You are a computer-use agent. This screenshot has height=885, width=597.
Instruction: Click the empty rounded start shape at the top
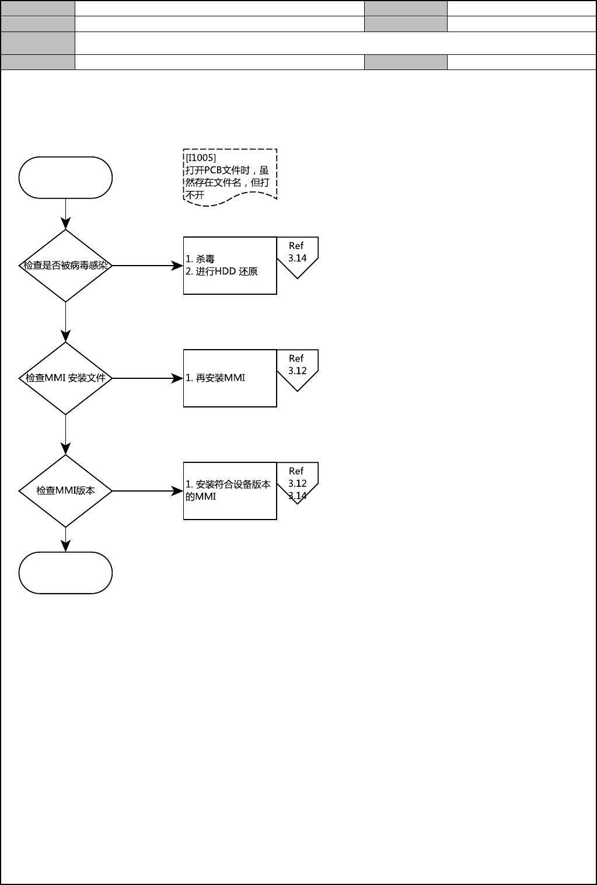tap(65, 177)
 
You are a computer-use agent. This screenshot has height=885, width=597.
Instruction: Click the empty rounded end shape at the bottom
tap(65, 573)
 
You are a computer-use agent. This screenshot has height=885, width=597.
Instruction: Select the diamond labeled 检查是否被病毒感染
tap(65, 266)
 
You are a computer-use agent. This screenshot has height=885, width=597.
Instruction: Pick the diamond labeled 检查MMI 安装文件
tap(65, 378)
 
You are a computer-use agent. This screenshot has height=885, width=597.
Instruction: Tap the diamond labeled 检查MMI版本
tap(65, 491)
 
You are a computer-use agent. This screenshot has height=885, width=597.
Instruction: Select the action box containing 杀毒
tap(230, 266)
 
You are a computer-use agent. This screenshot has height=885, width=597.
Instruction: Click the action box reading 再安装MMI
tap(230, 378)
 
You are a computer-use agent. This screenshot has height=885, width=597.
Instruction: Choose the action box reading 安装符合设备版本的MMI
tap(230, 491)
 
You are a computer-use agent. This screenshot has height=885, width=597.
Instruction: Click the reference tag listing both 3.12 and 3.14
tap(297, 481)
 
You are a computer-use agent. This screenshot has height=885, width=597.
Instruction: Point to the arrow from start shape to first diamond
tap(65, 214)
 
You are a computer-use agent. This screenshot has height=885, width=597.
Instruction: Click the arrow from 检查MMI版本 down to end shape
tap(65, 539)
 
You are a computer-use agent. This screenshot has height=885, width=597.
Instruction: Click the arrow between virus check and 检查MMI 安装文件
tap(65, 322)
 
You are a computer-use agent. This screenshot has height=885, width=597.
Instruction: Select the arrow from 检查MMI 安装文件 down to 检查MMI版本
tap(65, 434)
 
